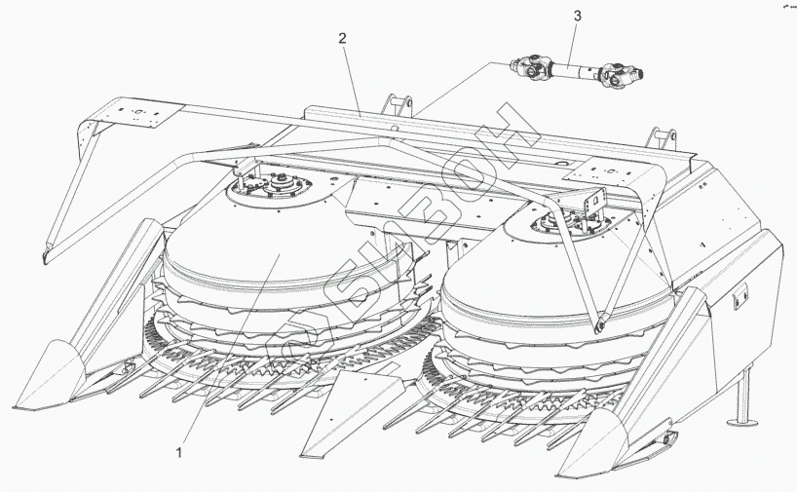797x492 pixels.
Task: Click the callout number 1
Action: (179, 453)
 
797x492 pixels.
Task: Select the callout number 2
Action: (342, 39)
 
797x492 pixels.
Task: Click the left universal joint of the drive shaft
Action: (531, 67)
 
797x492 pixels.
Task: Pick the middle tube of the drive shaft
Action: (574, 69)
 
